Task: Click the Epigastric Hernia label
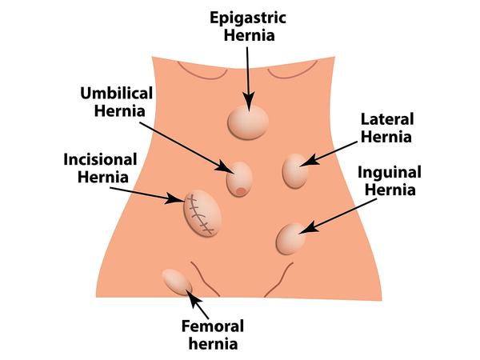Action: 248,26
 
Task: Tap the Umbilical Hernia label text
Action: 117,102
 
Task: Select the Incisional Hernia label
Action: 101,168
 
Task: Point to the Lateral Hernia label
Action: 387,128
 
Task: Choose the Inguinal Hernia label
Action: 390,181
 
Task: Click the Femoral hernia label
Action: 213,334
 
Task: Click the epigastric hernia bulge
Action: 248,122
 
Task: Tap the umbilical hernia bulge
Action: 239,179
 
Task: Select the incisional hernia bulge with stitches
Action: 202,213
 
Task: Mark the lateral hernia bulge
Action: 295,171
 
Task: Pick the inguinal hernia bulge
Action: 290,238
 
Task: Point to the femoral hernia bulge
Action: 177,282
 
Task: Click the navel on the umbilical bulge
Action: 241,191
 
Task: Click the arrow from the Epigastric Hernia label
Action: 248,79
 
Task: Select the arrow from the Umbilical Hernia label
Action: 186,148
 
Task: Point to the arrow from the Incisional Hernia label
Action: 147,194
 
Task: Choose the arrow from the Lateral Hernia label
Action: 329,154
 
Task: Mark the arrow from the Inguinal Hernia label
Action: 338,216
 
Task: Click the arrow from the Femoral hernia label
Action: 197,304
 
